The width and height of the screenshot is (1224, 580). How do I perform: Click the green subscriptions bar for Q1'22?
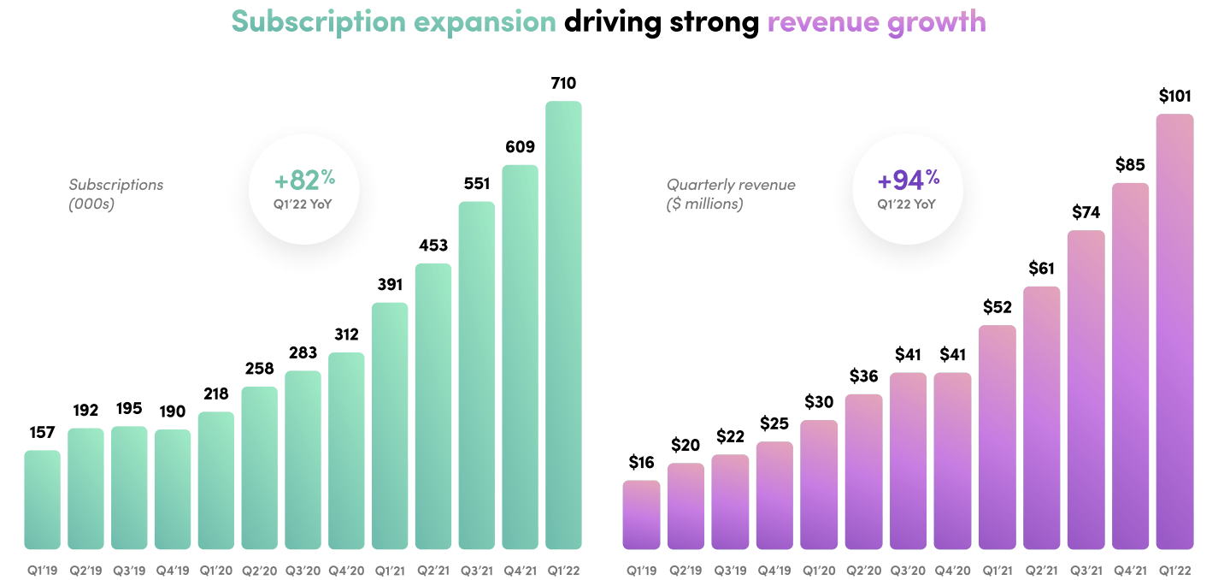(563, 325)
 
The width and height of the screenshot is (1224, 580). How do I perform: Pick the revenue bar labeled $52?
(997, 436)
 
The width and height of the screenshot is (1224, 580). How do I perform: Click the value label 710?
(563, 83)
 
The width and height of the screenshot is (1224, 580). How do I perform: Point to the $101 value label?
(1174, 96)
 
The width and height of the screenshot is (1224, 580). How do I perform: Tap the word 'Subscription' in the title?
(319, 21)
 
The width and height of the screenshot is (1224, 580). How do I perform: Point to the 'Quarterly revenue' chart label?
(731, 185)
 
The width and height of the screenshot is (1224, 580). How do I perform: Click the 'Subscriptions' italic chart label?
(116, 185)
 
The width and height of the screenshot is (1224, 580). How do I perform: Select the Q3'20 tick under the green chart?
(303, 570)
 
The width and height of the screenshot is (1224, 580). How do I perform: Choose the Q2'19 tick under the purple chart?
(686, 570)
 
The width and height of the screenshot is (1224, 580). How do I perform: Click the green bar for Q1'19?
(42, 500)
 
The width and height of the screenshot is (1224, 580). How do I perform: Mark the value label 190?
(172, 409)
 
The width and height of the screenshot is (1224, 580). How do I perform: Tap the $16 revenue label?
(641, 463)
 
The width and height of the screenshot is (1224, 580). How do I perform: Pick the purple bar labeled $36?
(863, 471)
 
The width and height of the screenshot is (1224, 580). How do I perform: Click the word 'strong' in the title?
(714, 21)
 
